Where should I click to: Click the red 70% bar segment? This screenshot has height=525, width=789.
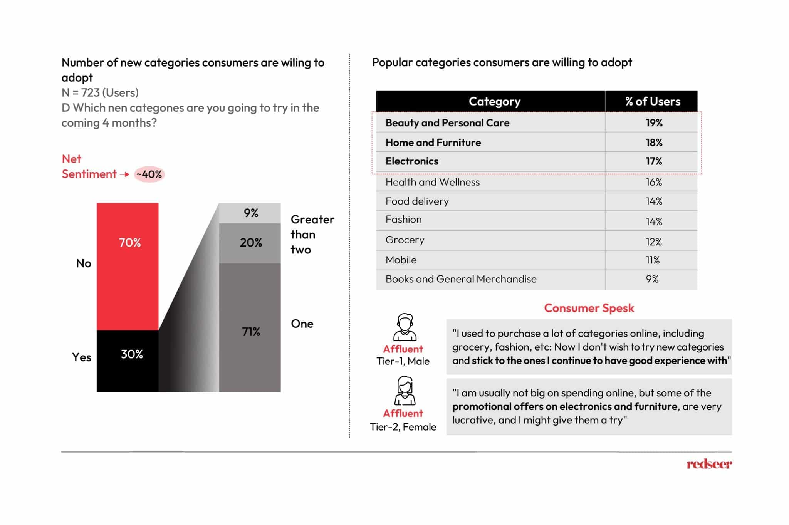[x=128, y=266]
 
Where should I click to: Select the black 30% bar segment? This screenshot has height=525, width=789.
[x=128, y=361]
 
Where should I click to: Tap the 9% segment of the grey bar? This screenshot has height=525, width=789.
[x=250, y=213]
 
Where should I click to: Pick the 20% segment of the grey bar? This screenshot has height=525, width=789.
[x=250, y=243]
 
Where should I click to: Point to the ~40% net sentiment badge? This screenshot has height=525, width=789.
[x=149, y=174]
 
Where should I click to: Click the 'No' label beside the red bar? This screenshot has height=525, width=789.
[x=84, y=263]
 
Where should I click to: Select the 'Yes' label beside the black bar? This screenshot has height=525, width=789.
[x=82, y=357]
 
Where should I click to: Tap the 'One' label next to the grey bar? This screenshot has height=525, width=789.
[x=302, y=324]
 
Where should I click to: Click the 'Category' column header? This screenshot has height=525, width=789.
[x=494, y=101]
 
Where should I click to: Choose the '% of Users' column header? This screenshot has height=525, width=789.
[x=653, y=101]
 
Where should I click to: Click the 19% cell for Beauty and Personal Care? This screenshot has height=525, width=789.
[x=654, y=123]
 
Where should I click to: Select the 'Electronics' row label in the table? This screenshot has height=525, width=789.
[x=412, y=161]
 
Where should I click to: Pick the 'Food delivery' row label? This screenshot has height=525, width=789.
[x=417, y=201]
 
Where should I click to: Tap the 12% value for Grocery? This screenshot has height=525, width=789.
[x=653, y=242]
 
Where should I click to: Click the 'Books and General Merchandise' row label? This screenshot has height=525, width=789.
[x=461, y=279]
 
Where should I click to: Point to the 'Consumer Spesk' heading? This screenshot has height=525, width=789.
[x=589, y=308]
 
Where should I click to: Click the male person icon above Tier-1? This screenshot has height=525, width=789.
[x=405, y=327]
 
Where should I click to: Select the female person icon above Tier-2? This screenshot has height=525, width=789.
[x=405, y=391]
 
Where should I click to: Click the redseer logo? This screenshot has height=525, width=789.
[x=709, y=464]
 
